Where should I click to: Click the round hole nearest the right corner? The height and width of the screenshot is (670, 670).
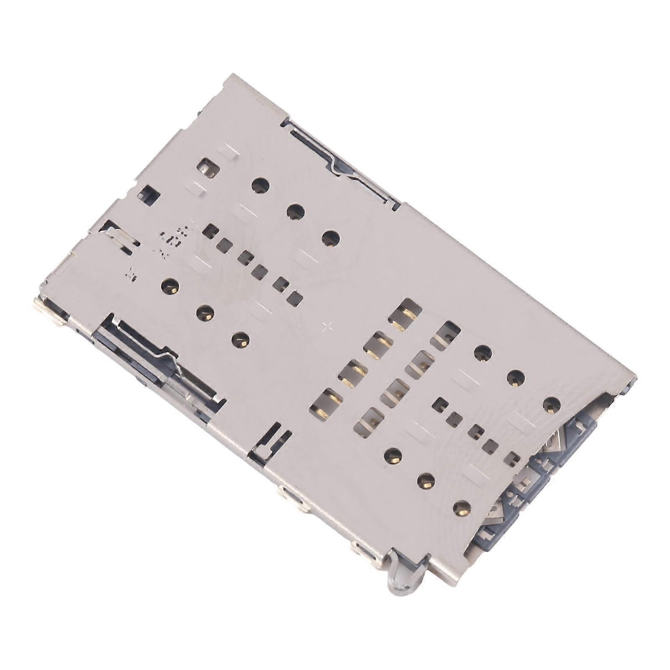[552, 405]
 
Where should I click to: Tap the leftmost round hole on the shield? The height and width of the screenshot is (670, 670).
[170, 286]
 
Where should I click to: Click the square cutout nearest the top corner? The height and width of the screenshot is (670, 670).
[209, 168]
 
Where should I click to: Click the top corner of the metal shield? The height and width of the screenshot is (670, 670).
[235, 76]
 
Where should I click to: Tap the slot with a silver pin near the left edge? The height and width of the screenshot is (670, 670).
[121, 239]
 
